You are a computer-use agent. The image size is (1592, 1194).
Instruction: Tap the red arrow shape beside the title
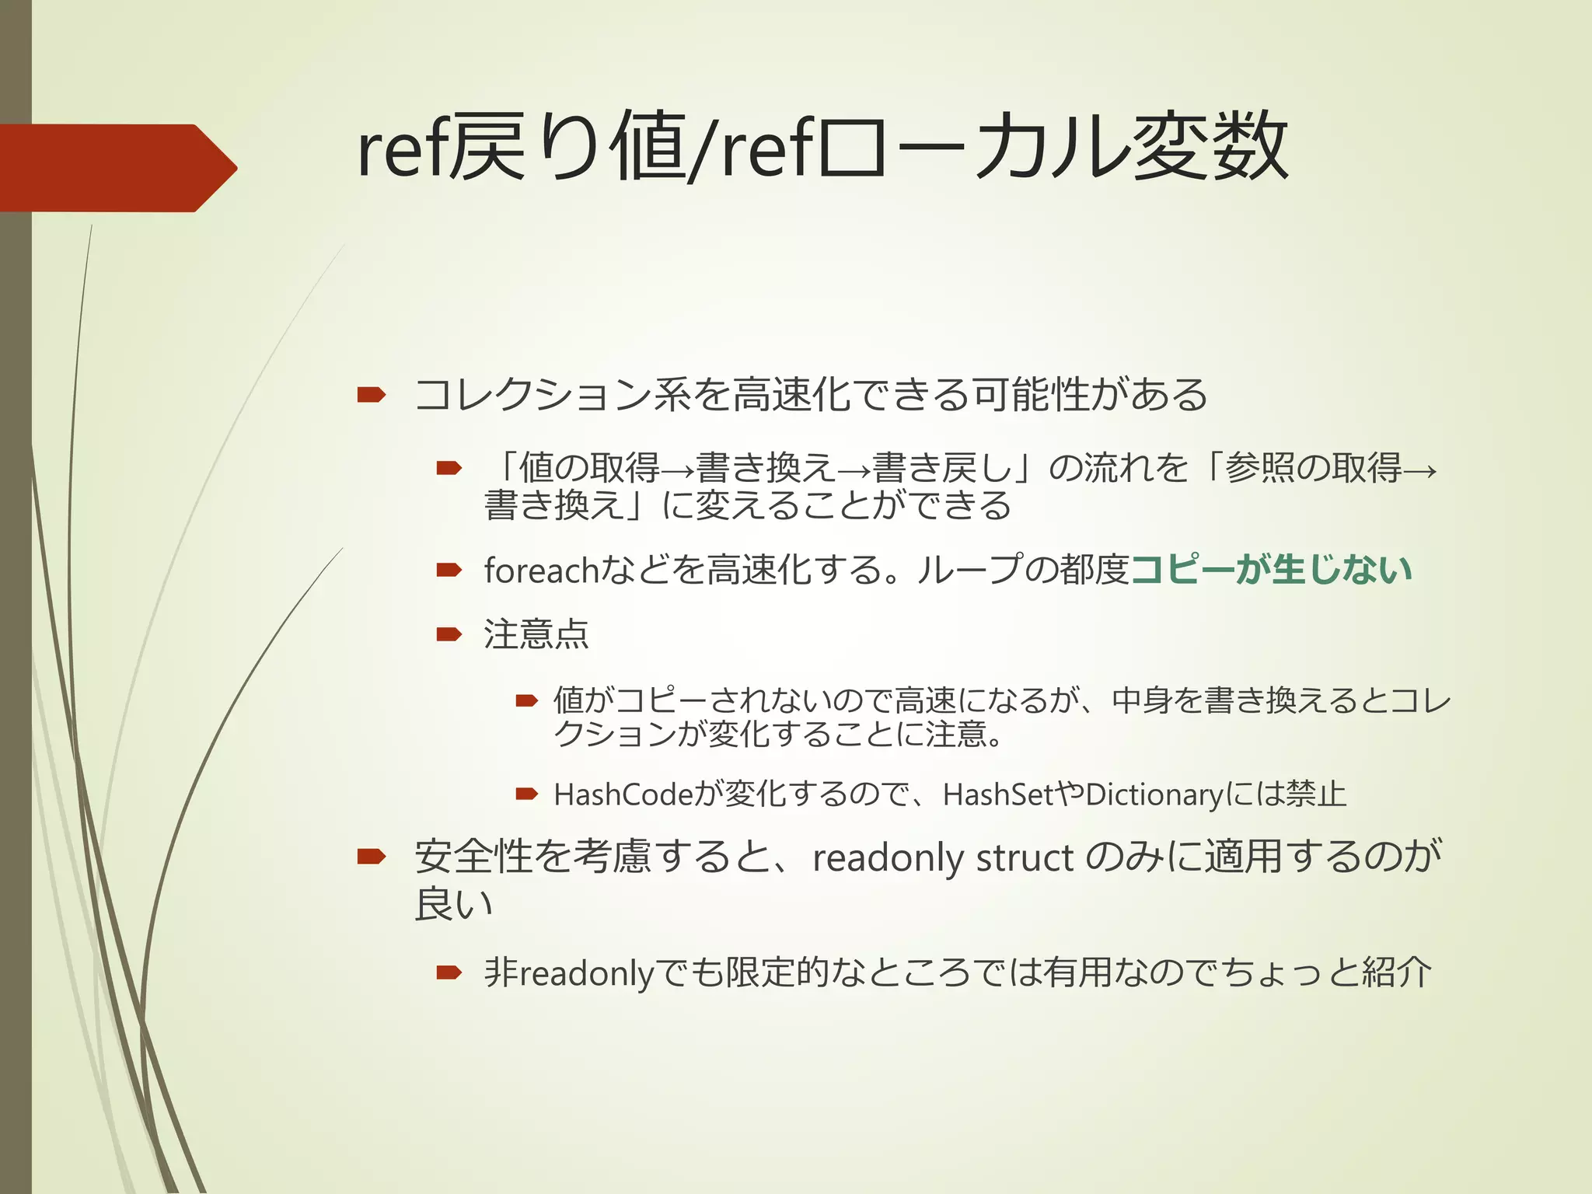click(x=117, y=168)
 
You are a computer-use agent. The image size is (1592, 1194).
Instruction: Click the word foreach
click(x=541, y=571)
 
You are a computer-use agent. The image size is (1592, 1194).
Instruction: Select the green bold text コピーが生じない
click(x=1270, y=569)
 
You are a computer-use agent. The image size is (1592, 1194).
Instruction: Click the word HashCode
click(x=622, y=795)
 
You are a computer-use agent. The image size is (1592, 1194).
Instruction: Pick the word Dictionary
click(x=1155, y=795)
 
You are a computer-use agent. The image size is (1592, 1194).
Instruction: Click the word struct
click(x=1025, y=858)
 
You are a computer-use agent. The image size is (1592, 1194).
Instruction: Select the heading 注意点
click(x=536, y=634)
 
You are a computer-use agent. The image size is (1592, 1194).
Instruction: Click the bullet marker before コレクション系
click(x=372, y=395)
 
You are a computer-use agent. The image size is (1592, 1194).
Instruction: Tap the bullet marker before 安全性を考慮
click(x=372, y=857)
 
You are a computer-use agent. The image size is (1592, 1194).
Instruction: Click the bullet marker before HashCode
click(x=527, y=794)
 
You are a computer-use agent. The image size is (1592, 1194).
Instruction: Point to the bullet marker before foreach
click(x=449, y=570)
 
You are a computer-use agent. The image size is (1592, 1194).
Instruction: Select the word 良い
click(x=454, y=904)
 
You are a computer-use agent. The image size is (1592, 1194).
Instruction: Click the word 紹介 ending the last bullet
click(x=1396, y=972)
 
